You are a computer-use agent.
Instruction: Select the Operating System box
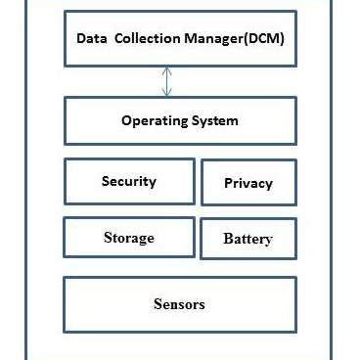(180, 121)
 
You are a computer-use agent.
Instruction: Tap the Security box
(128, 181)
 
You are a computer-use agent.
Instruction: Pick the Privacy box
(248, 183)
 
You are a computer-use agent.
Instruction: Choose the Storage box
(128, 238)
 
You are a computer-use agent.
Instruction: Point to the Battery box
(248, 239)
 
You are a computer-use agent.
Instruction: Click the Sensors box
(180, 304)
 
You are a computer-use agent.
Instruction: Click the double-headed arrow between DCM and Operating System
(167, 81)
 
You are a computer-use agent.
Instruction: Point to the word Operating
(151, 121)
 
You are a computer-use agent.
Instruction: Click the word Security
(128, 181)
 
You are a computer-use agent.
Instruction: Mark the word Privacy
(248, 183)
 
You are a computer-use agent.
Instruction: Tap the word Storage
(128, 238)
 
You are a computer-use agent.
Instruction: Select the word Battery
(248, 239)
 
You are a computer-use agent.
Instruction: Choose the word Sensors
(180, 304)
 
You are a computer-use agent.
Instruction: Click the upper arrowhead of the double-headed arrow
(167, 69)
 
